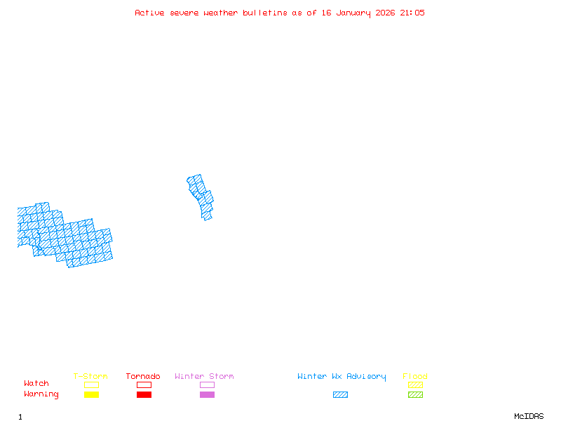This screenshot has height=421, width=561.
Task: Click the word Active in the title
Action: pyautogui.click(x=149, y=13)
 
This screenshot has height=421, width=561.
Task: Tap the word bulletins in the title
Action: pyautogui.click(x=265, y=13)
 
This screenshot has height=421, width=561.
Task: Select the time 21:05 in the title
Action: pyautogui.click(x=412, y=13)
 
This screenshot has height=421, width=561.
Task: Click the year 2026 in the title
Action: pyautogui.click(x=385, y=13)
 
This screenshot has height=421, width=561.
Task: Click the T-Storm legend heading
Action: pyautogui.click(x=90, y=377)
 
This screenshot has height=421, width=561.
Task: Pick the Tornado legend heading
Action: pyautogui.click(x=143, y=377)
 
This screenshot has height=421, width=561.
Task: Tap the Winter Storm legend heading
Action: pyautogui.click(x=204, y=377)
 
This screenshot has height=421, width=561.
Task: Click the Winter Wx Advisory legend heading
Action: pyautogui.click(x=342, y=377)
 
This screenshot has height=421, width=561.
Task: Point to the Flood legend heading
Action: pyautogui.click(x=415, y=377)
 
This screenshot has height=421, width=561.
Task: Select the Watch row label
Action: pyautogui.click(x=36, y=384)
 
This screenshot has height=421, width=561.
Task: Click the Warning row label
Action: pyautogui.click(x=41, y=394)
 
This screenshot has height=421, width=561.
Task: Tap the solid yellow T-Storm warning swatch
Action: pyautogui.click(x=91, y=394)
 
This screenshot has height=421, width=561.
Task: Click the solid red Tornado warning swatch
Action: pyautogui.click(x=144, y=394)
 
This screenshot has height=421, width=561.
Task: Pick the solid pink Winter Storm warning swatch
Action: pyautogui.click(x=207, y=394)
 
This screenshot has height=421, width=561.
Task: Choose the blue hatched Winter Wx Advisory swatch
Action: pyautogui.click(x=340, y=394)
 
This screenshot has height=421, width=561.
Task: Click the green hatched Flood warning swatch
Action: pyautogui.click(x=415, y=394)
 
